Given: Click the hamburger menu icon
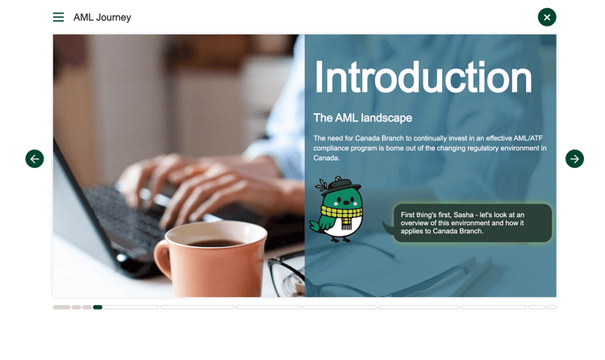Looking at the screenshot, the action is pos(58,17).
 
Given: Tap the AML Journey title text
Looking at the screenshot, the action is pos(102,18).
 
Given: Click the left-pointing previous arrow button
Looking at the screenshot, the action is pos(35,159).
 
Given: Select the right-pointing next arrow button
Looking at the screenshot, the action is pos(574,159).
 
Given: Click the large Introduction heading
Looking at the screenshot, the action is pos(423,77).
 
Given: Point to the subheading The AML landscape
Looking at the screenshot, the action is pos(363,118).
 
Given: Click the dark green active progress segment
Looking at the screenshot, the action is pos(98,307).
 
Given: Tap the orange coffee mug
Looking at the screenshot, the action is pos(211,259).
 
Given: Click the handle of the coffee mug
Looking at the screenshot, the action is pos(162,257).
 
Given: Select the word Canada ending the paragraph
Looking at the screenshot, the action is pos(327,158).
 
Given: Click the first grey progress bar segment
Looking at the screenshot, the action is pos(62,307).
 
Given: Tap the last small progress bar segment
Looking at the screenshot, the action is pos(552,307).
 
